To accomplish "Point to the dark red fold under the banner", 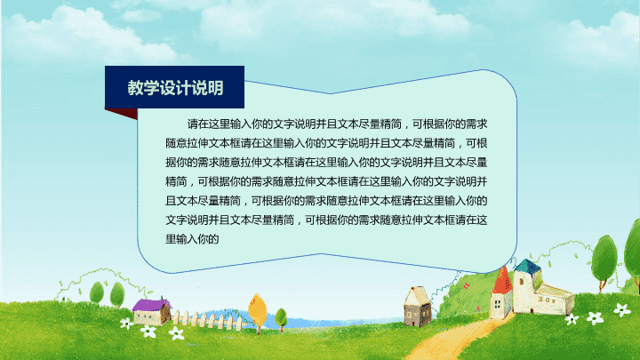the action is click(121, 114).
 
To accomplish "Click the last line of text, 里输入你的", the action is click(192, 239).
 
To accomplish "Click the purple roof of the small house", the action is click(151, 305).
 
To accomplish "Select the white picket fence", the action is click(208, 320).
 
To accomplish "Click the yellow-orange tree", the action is click(257, 311).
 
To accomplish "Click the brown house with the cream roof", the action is click(417, 307).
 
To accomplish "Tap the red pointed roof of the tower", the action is click(502, 280).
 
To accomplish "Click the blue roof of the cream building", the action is click(528, 267).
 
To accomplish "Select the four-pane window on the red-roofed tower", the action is click(498, 304).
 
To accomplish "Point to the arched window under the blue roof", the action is click(522, 281).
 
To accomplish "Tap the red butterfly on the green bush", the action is click(466, 286).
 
